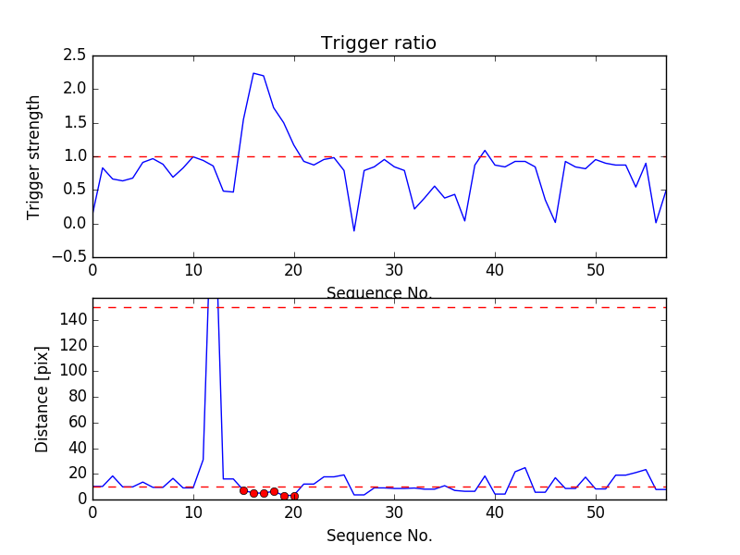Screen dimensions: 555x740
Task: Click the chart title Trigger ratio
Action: (x=378, y=43)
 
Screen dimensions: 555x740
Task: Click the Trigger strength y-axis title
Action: (x=34, y=156)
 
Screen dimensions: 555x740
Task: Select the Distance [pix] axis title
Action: (x=42, y=408)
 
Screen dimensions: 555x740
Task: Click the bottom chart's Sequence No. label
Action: (x=378, y=536)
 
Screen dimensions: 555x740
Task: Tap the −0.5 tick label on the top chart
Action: (x=69, y=257)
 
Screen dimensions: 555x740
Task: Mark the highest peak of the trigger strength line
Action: (x=253, y=73)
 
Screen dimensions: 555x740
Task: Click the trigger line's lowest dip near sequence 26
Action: (x=354, y=230)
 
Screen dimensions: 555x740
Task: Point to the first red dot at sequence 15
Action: (x=243, y=490)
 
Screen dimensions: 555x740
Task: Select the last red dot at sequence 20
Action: (x=294, y=496)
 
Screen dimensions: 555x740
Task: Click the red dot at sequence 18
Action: (x=274, y=491)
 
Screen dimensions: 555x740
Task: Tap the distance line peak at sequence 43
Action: (x=525, y=467)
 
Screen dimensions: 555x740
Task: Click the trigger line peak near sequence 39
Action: (x=485, y=150)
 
